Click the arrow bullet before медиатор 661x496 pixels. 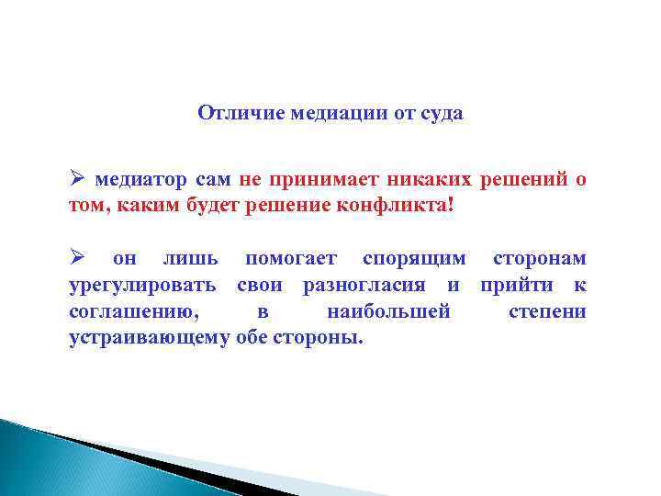tap(77, 178)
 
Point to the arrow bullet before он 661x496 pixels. tap(77, 259)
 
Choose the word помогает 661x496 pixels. tap(291, 260)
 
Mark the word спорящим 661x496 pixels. tap(414, 260)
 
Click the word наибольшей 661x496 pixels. tap(388, 312)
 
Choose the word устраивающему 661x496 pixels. tap(149, 338)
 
